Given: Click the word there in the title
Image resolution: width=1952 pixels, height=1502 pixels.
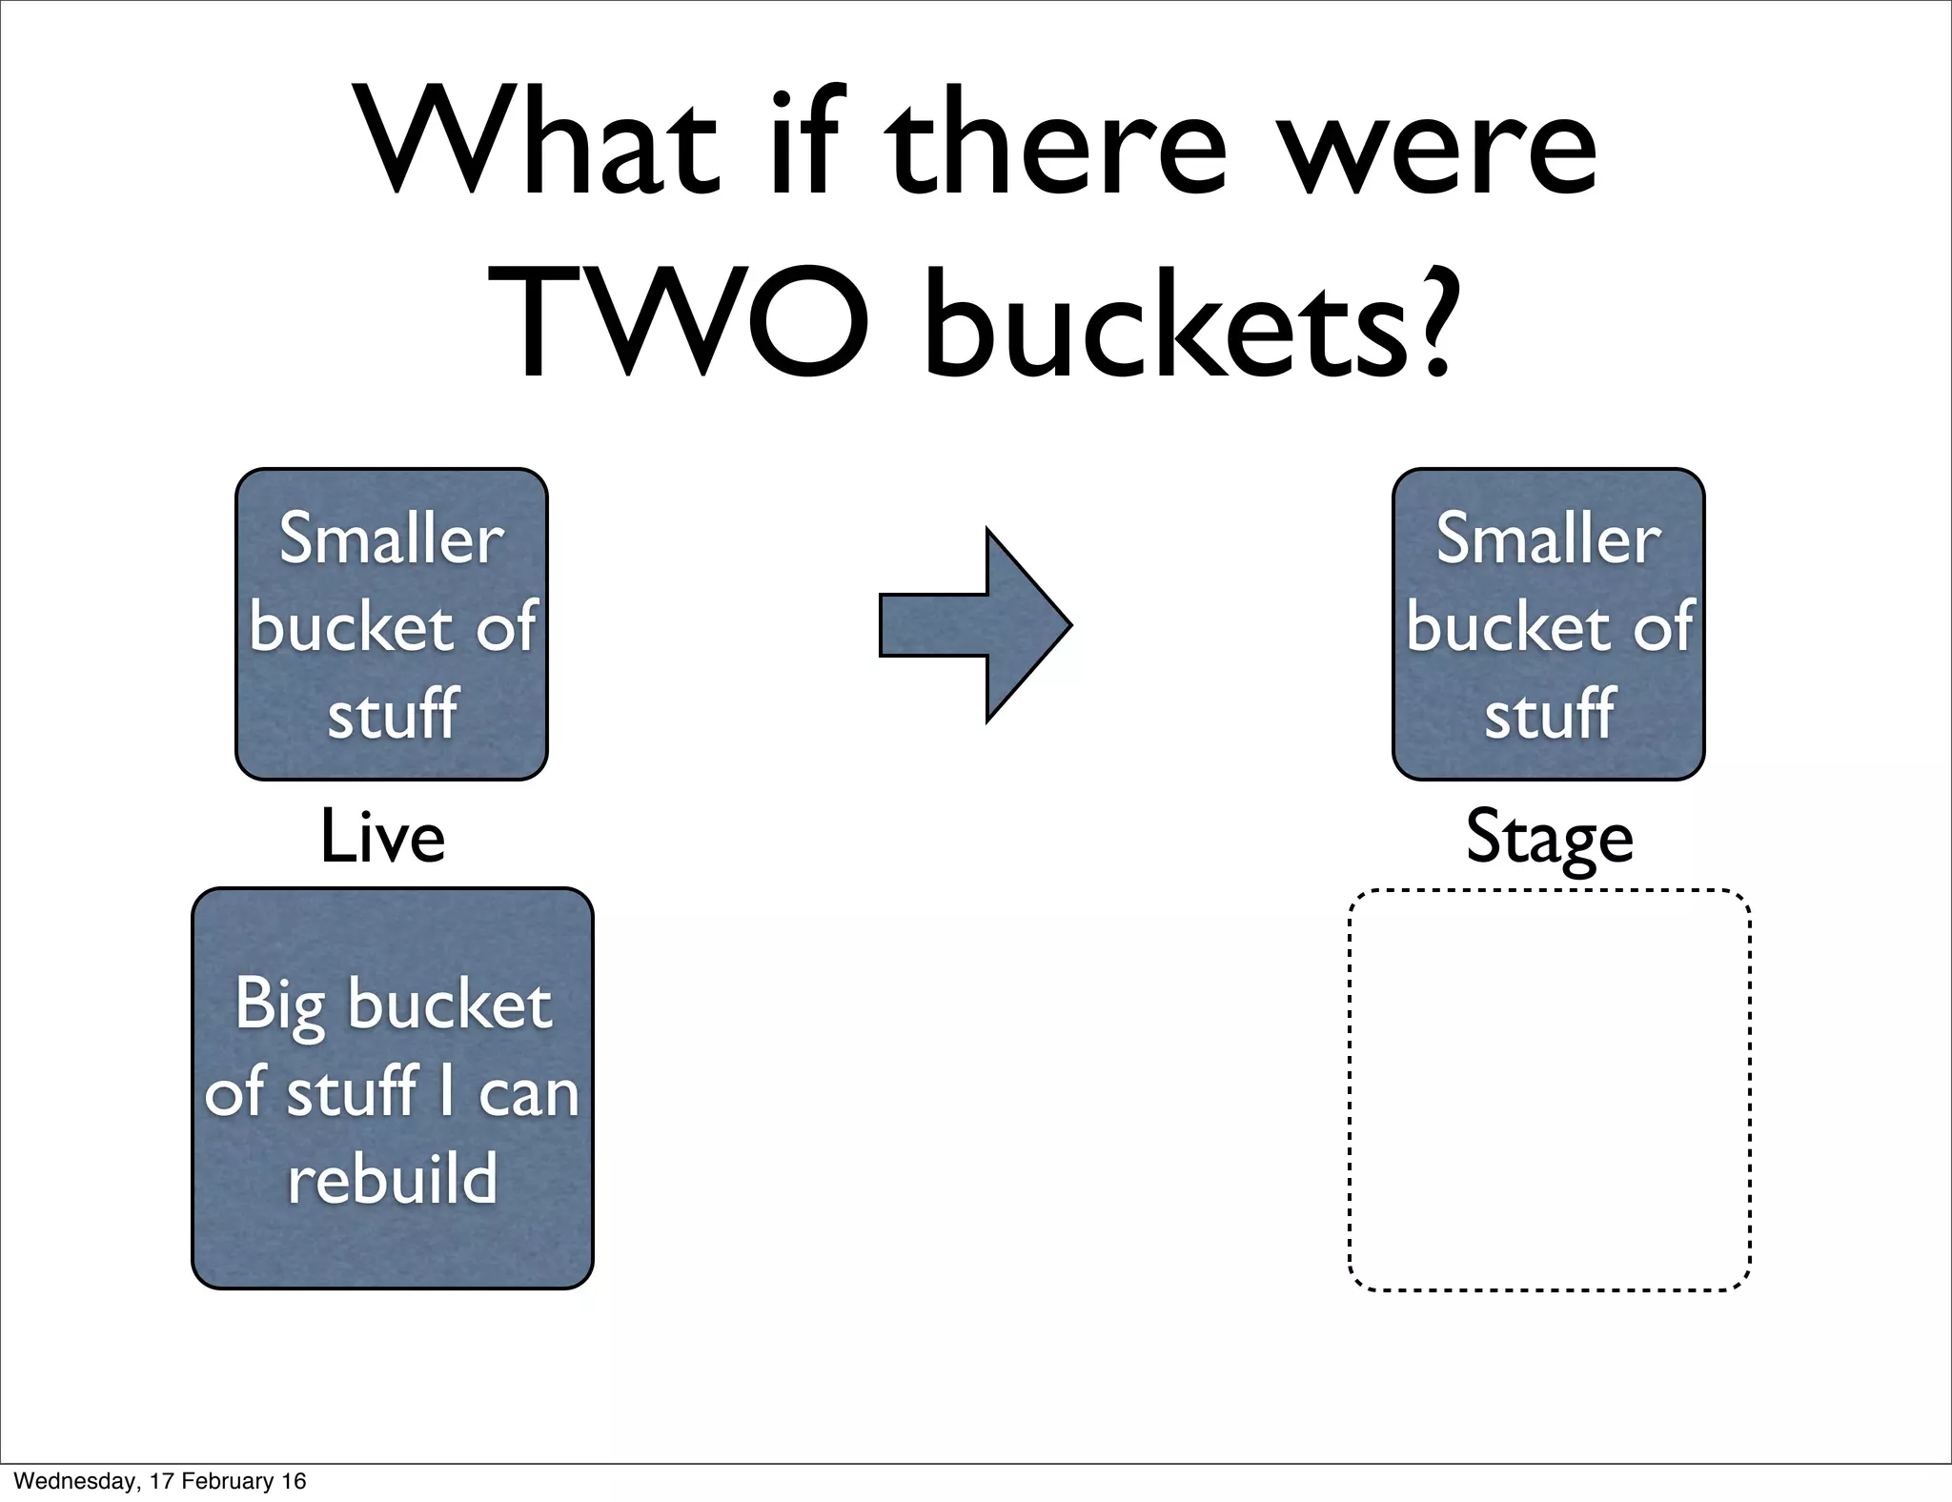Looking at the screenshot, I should tap(1056, 143).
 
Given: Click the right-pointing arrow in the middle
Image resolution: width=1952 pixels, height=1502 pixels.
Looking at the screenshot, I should tap(974, 625).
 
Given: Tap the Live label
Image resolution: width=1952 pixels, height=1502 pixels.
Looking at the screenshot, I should tap(382, 837).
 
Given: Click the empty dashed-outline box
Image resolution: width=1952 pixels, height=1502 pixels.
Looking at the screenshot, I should tap(1549, 1089).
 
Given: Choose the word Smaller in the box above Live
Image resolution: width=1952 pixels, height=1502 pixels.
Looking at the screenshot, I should tap(392, 539).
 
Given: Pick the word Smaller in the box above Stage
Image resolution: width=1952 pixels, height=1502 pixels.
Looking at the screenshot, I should tap(1549, 539).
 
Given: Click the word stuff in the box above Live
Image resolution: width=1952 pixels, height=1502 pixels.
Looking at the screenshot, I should tap(392, 713).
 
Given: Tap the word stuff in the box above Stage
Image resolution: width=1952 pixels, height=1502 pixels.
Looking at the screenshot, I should tap(1549, 713).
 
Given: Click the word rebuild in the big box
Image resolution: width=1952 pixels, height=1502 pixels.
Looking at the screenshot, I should tap(392, 1179).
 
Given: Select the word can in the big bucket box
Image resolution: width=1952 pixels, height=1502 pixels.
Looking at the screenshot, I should tap(528, 1093).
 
